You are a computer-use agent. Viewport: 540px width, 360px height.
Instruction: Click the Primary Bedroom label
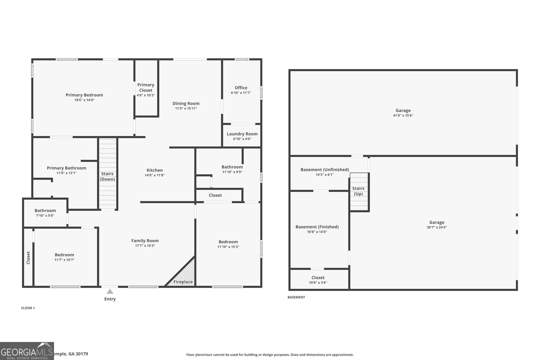tap(84, 95)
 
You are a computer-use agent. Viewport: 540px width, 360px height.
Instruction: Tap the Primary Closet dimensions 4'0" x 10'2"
tap(146, 95)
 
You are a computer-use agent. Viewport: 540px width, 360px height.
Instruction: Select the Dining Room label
tap(186, 104)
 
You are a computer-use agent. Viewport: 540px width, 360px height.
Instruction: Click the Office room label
tap(241, 88)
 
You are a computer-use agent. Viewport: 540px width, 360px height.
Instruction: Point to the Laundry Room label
tap(242, 134)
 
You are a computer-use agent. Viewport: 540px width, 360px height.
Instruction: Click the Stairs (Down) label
tap(107, 176)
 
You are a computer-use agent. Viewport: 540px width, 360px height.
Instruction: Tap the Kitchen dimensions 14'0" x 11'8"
tap(155, 175)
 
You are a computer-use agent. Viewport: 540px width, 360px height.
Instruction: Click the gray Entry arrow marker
tap(110, 292)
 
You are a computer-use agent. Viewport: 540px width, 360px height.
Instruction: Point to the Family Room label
tap(145, 241)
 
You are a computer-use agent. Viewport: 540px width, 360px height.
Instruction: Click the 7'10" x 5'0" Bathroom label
tap(45, 211)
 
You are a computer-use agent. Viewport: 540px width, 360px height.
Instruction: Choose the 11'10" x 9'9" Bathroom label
tap(232, 167)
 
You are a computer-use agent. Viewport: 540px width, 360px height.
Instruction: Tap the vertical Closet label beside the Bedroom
tap(28, 258)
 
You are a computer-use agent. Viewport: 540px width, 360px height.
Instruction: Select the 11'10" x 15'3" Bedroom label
tap(228, 242)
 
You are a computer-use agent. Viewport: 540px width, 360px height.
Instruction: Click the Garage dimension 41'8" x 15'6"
tap(403, 115)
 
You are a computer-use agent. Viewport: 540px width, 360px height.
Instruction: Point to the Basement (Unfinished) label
tap(325, 170)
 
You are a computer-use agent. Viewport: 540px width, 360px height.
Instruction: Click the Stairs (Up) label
tap(358, 191)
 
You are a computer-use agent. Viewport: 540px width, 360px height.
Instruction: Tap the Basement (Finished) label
tap(317, 227)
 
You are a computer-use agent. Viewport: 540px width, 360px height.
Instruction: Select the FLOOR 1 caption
tap(28, 308)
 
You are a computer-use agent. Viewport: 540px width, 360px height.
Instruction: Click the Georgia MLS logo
tap(27, 351)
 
